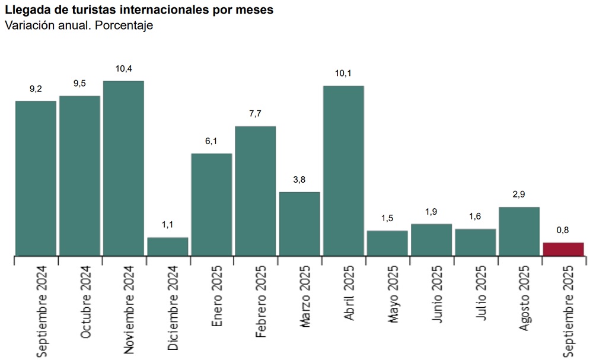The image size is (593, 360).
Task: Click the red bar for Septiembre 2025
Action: pos(563,249)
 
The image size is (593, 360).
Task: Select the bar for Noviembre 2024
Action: pos(124,168)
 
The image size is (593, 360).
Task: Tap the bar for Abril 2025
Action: pos(343,171)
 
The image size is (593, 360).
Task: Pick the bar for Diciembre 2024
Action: pos(168,247)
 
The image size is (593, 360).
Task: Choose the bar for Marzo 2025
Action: pos(299,224)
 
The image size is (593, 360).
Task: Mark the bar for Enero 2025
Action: pos(212,205)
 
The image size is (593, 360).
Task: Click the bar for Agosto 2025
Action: pos(519,231)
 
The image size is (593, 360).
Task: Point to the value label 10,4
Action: pos(124,69)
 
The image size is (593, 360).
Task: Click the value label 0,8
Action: pos(563,230)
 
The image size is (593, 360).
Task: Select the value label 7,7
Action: pos(255,113)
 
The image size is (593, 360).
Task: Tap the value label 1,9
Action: pos(431,212)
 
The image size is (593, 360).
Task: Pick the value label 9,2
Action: pos(36,89)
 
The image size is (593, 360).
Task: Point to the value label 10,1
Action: pos(343,73)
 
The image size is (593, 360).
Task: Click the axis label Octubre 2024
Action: pos(85,302)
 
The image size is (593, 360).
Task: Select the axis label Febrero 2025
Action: pos(261,301)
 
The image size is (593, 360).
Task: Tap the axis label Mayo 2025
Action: pos(393,294)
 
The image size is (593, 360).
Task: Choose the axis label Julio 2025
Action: pos(481,293)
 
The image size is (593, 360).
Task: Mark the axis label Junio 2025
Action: pos(437,294)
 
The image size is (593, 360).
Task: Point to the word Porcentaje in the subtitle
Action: pos(124,26)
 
